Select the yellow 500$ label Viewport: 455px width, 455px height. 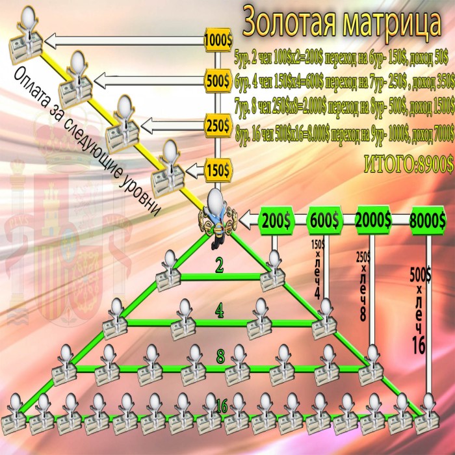point(218,81)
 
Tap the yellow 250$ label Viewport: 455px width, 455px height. point(218,123)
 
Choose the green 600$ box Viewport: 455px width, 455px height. point(324,221)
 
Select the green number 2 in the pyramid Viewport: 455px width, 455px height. point(221,265)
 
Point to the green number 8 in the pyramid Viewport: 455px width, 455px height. point(220,357)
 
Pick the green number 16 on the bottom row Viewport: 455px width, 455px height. point(221,407)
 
